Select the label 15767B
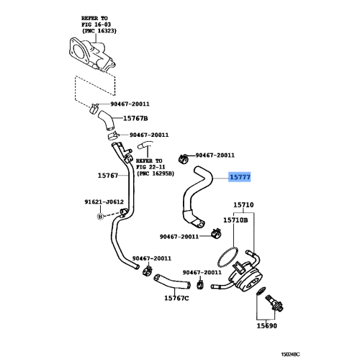coord(135,118)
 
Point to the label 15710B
coord(235,220)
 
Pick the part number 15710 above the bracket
coord(239,205)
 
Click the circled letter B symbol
coord(99,216)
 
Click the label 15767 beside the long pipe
coord(107,174)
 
